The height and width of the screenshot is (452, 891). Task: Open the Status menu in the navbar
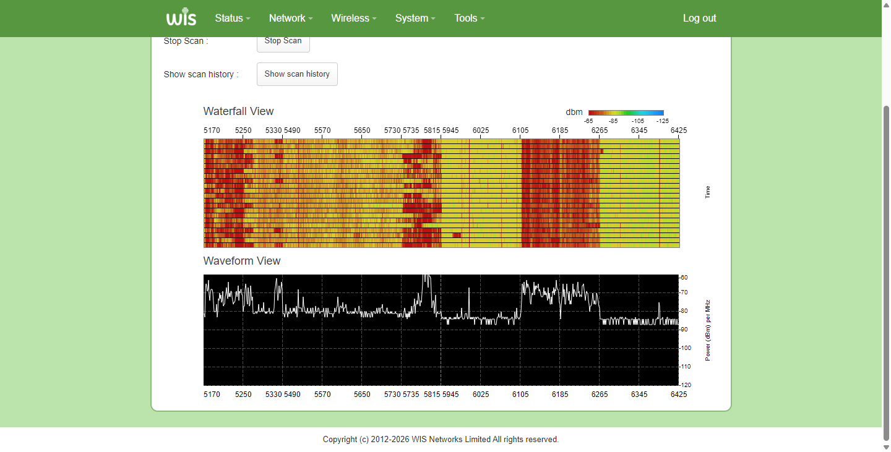(232, 19)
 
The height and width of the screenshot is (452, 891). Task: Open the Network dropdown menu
(291, 19)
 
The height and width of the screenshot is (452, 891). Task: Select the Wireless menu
(354, 19)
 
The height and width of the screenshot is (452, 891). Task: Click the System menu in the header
(415, 19)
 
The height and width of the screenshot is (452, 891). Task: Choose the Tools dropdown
(470, 19)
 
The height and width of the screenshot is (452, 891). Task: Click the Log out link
(699, 19)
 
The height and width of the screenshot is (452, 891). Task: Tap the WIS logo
(181, 17)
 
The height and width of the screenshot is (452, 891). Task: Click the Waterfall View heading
(238, 111)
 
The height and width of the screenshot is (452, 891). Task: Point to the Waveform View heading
(242, 261)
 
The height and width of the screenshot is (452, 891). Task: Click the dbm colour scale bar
(626, 113)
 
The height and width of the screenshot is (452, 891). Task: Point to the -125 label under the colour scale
(662, 121)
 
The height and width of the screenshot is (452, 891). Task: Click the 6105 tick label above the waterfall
(520, 130)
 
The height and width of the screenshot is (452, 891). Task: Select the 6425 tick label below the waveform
(679, 394)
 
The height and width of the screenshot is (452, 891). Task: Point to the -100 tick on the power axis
(686, 348)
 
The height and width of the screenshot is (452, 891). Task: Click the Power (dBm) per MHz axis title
(708, 330)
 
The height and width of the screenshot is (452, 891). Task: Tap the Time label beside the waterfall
(707, 192)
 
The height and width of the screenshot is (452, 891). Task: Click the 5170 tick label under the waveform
(212, 394)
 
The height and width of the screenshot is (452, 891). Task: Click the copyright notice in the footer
(441, 439)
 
